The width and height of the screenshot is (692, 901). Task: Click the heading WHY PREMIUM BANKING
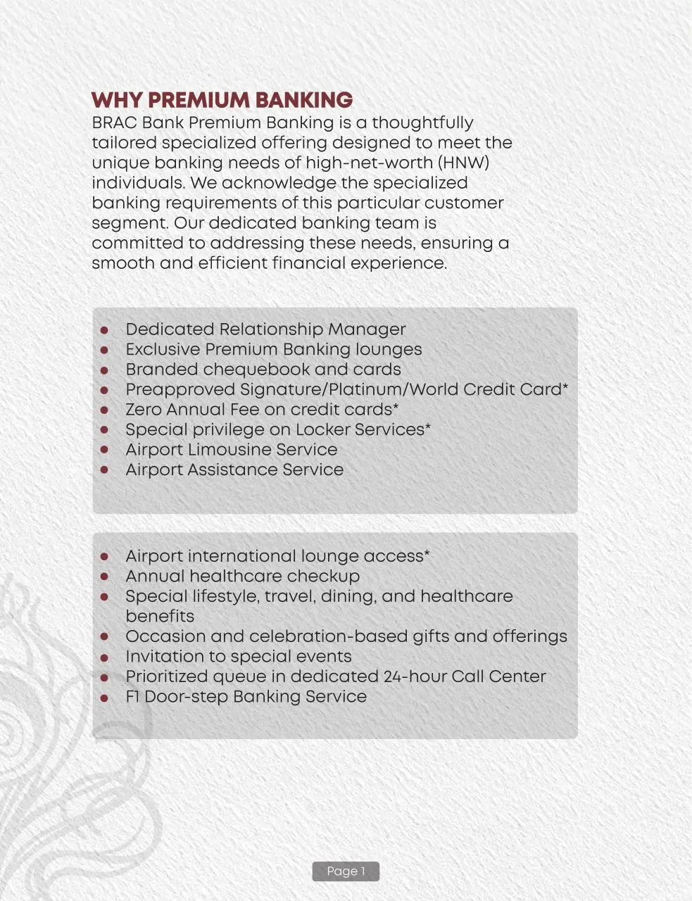(x=222, y=100)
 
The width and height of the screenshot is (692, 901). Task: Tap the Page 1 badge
(x=346, y=871)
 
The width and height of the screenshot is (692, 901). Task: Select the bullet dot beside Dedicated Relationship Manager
(x=104, y=329)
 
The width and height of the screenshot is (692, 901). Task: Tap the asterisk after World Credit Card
(x=565, y=387)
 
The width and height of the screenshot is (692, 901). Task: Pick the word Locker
(x=325, y=429)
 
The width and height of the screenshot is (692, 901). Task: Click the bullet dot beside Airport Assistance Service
(x=104, y=470)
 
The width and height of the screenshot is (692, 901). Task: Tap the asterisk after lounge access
(x=427, y=554)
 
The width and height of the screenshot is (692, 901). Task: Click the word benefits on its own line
(x=160, y=617)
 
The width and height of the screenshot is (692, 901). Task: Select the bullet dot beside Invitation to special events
(x=104, y=657)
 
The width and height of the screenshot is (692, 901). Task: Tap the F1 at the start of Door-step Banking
(x=132, y=697)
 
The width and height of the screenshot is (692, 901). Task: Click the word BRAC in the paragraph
(x=114, y=122)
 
